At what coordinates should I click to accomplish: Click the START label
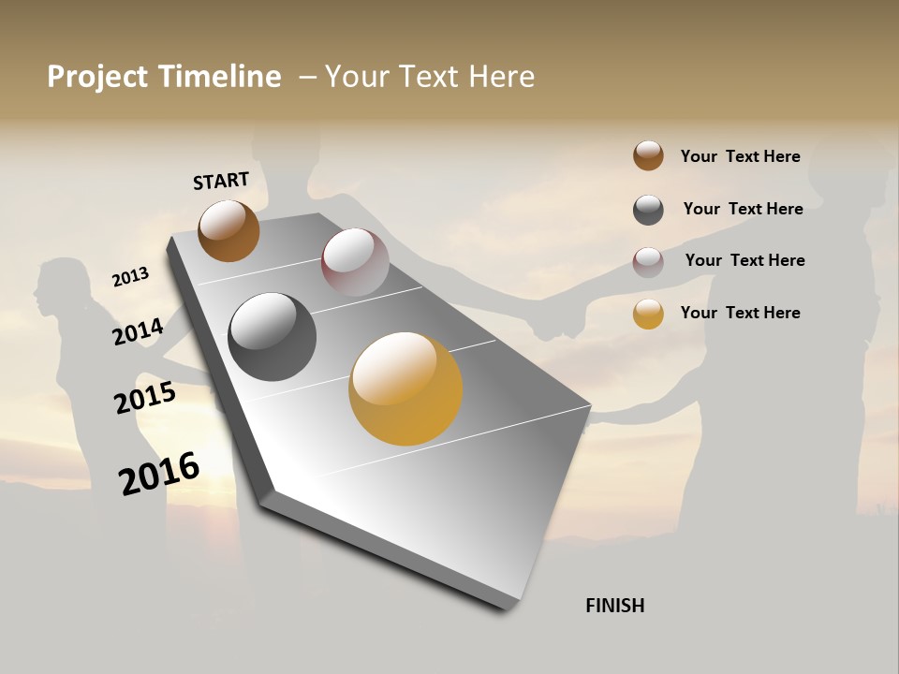221,181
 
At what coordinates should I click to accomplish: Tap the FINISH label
614,606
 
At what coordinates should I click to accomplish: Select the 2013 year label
131,277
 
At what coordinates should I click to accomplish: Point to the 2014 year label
139,331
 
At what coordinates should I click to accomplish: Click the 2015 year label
145,398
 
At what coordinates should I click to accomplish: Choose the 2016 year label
159,473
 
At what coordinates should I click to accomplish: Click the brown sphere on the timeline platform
228,230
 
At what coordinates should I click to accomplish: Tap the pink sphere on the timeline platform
355,262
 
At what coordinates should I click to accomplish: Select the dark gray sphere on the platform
273,337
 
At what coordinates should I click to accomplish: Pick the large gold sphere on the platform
405,388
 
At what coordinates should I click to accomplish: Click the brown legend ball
648,155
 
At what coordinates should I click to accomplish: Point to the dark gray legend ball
648,210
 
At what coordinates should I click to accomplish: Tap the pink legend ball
648,262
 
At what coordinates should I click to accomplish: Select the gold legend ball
648,314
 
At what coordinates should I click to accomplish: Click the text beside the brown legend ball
740,156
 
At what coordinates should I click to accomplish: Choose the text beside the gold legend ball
740,313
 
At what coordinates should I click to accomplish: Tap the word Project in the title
97,77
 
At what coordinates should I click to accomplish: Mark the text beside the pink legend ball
744,260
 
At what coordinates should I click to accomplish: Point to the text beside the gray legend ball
743,209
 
